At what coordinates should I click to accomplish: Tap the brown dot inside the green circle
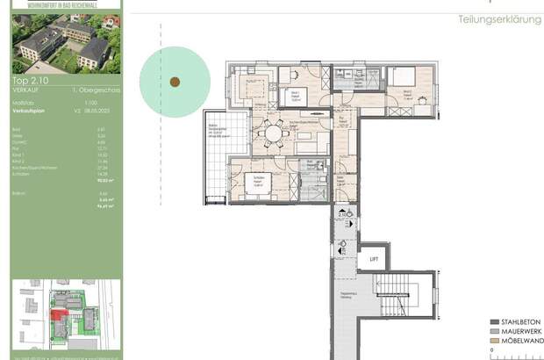tap(174, 82)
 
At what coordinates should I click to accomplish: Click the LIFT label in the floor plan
tap(375, 259)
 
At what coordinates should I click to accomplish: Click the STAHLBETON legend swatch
tap(495, 321)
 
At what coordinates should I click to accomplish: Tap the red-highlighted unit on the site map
tap(58, 314)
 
